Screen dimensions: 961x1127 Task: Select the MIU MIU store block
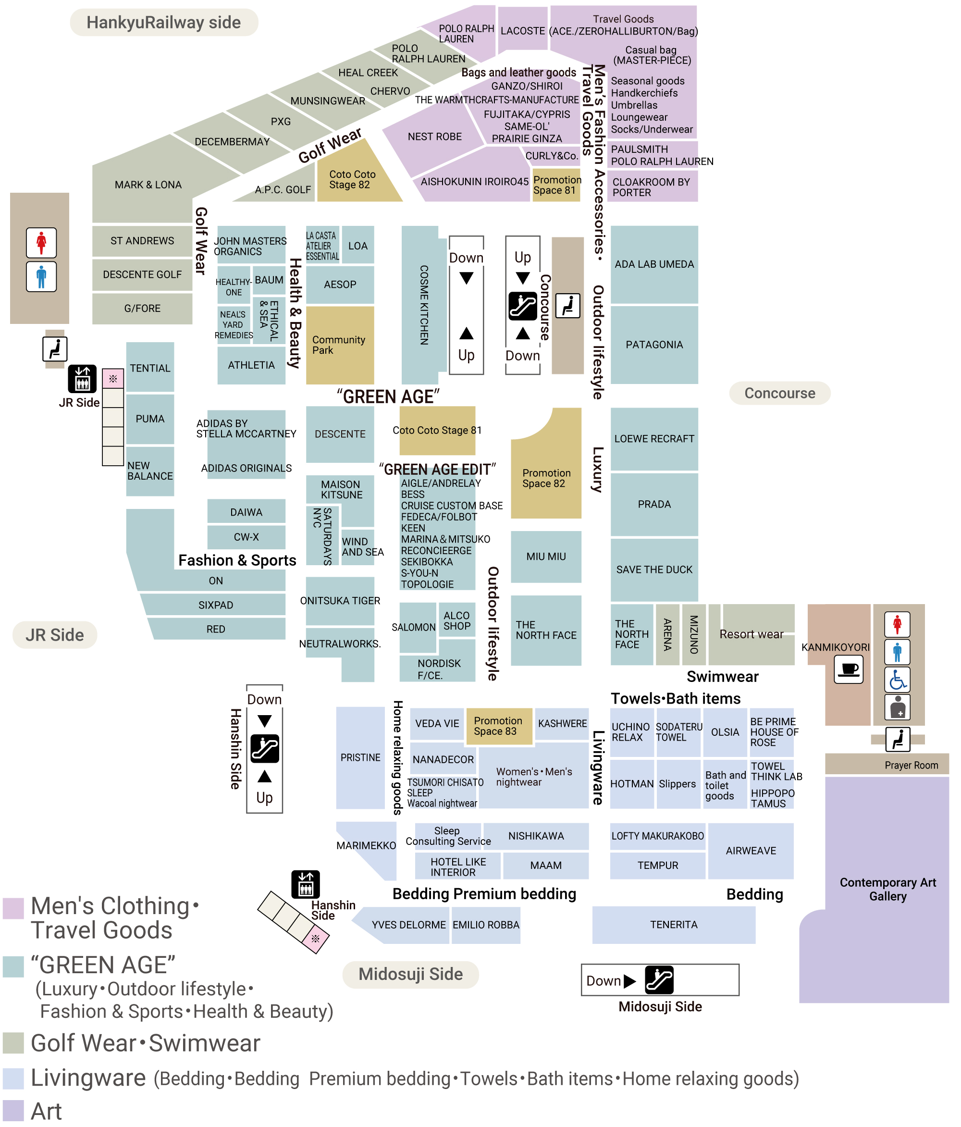tap(545, 557)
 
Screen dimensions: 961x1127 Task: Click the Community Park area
tap(340, 346)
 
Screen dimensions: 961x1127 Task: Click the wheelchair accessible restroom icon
tap(898, 680)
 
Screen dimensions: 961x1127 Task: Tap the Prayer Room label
tap(911, 765)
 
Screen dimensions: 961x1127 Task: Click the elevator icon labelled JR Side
tap(82, 379)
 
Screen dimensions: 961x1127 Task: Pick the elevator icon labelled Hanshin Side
tap(306, 884)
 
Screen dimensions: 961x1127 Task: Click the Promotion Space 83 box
tap(499, 726)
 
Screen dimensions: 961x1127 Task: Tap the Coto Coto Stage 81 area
tap(437, 430)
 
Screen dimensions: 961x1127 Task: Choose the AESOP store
tap(340, 285)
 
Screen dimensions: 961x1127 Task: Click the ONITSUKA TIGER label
tap(340, 600)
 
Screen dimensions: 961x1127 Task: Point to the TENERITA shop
tap(673, 925)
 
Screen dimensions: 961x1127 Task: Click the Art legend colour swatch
tap(13, 1111)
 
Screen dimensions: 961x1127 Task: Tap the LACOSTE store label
tap(523, 31)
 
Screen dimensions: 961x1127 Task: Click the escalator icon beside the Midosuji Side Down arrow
tap(659, 980)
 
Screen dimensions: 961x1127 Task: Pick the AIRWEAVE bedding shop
tap(751, 851)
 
